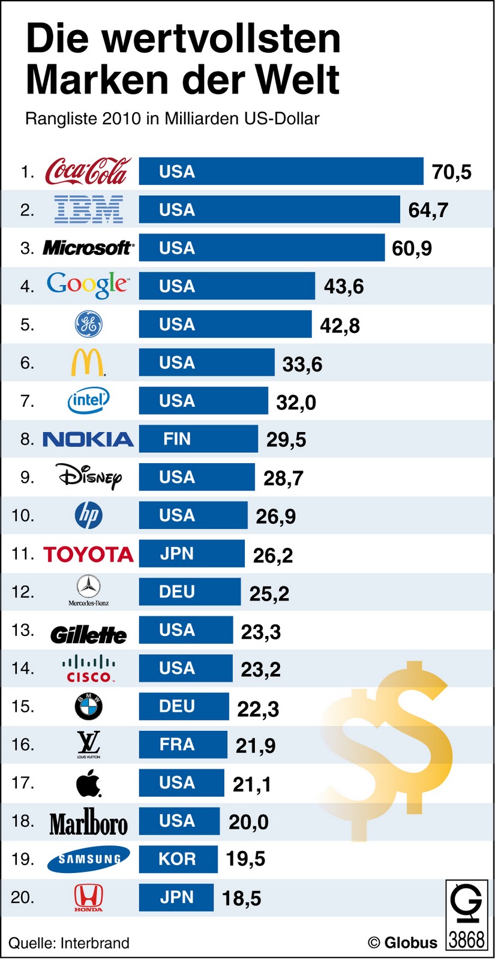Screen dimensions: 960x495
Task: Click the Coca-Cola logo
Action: tap(87, 172)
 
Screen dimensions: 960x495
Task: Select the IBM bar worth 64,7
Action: tap(269, 210)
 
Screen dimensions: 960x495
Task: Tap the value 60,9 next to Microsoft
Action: tap(412, 248)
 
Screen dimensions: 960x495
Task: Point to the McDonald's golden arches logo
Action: tap(88, 362)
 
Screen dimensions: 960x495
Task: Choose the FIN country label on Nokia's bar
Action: tap(177, 439)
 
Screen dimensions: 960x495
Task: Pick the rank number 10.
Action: tap(23, 515)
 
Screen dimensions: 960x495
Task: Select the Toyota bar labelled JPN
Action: tap(191, 553)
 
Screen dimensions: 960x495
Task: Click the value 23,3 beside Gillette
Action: tap(260, 632)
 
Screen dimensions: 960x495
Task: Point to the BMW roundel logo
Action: tap(89, 706)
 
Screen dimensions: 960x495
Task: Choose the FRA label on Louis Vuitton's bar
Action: tap(177, 745)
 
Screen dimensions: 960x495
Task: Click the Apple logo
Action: tap(88, 783)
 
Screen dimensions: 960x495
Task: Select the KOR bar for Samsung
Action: tap(178, 859)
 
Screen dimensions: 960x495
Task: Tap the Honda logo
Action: tap(88, 897)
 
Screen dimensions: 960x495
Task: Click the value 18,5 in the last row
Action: tap(241, 898)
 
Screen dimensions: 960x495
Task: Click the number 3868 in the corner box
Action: tap(466, 940)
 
